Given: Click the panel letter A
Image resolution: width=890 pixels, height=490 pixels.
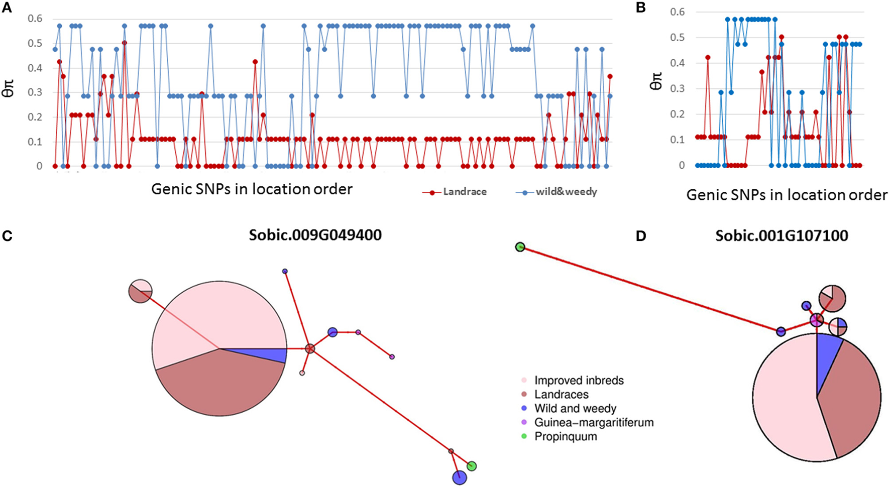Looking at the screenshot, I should point(7,9).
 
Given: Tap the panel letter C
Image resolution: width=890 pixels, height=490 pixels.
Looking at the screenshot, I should point(7,236).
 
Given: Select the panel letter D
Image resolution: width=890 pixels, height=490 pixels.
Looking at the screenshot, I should point(640,236).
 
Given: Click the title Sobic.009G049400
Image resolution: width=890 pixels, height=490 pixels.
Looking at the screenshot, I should point(315,235).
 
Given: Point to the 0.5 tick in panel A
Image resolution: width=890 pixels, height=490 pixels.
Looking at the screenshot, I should point(35,44).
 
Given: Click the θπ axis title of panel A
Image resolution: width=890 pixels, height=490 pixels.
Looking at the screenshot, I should point(9,91).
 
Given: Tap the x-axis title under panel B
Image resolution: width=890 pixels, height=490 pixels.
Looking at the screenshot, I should point(787,195).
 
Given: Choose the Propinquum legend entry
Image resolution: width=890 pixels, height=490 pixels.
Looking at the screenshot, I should point(565,436).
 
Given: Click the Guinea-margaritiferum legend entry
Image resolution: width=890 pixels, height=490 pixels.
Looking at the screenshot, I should point(594,422).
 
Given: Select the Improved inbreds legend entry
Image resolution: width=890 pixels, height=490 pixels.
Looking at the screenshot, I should point(579,381).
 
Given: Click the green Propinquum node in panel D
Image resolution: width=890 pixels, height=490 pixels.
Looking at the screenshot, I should point(520,247).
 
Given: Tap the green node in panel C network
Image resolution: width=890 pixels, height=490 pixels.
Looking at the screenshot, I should point(471,466).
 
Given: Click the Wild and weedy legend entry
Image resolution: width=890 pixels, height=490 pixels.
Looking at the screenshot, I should point(575,409).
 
